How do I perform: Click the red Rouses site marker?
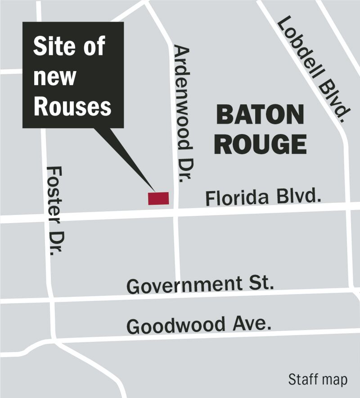[x=158, y=198]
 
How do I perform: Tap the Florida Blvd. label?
[x=263, y=197]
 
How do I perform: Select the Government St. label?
[x=200, y=285]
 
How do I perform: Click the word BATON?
[x=260, y=116]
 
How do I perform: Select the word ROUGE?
[x=260, y=145]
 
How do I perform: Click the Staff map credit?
[x=318, y=379]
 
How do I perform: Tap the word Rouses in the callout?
[x=72, y=107]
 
